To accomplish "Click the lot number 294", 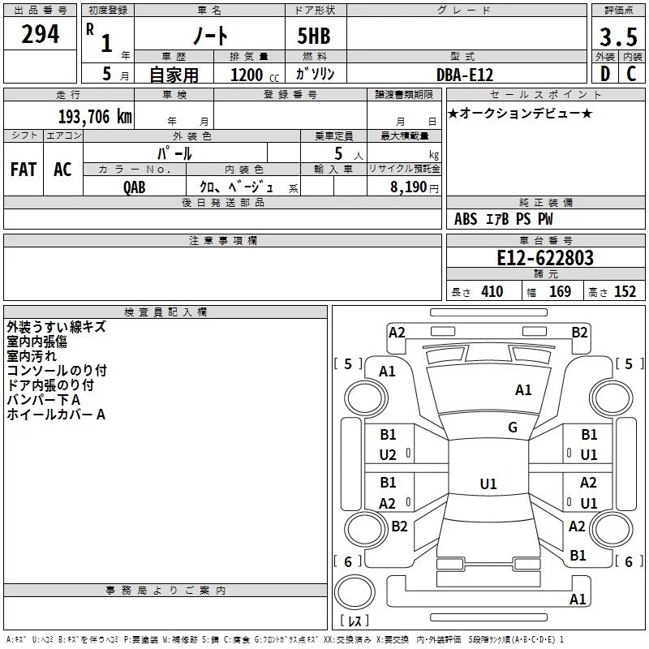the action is pyautogui.click(x=40, y=34).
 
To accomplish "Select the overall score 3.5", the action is pyautogui.click(x=618, y=37).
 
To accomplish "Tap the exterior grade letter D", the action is pyautogui.click(x=605, y=74).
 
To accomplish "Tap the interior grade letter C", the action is pyautogui.click(x=631, y=74).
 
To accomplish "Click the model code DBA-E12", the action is pyautogui.click(x=465, y=75).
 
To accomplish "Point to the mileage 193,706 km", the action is pyautogui.click(x=95, y=117).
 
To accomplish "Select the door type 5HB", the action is pyautogui.click(x=314, y=36).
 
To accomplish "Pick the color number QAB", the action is pyautogui.click(x=135, y=187).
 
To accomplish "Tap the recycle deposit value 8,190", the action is pyautogui.click(x=409, y=187).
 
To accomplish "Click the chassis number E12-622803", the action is pyautogui.click(x=545, y=258).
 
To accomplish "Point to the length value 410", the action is pyautogui.click(x=492, y=291).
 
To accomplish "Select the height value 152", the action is pyautogui.click(x=625, y=291).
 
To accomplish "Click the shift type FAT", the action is pyautogui.click(x=24, y=170).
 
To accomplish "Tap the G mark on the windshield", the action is pyautogui.click(x=513, y=427).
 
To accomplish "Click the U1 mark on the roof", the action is pyautogui.click(x=488, y=484).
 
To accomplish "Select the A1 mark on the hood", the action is pyautogui.click(x=523, y=390).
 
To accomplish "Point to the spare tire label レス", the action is pyautogui.click(x=355, y=621).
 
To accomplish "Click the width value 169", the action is pyautogui.click(x=560, y=291).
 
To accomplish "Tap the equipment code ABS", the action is pyautogui.click(x=466, y=219).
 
